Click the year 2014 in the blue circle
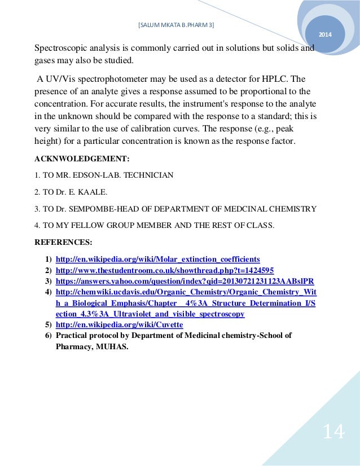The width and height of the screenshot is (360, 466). (x=326, y=36)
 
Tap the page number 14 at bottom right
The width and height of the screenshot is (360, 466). (x=333, y=432)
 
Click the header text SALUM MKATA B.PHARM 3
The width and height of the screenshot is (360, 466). (x=176, y=25)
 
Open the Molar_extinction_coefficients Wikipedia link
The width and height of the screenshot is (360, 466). (x=157, y=259)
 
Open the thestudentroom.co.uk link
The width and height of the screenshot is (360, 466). (x=165, y=270)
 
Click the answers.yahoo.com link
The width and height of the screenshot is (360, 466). (x=185, y=281)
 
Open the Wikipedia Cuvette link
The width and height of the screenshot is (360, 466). (x=119, y=325)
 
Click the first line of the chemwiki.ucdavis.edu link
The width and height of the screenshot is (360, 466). (x=186, y=292)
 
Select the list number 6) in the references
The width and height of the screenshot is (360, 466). (x=49, y=336)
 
